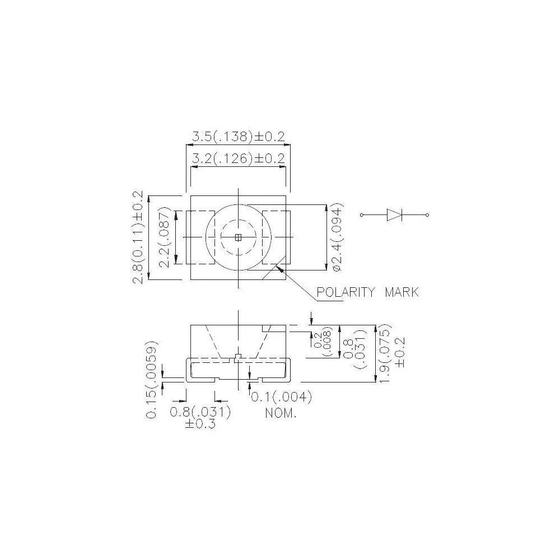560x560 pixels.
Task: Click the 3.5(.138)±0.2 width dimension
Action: click(239, 136)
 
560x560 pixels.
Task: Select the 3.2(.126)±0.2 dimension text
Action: click(239, 158)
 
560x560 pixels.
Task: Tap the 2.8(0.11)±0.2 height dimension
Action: click(138, 237)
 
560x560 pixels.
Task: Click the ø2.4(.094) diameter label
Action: click(337, 237)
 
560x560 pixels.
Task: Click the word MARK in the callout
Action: click(401, 292)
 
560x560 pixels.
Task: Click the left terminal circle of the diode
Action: click(362, 215)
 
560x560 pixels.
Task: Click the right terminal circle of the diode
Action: click(428, 215)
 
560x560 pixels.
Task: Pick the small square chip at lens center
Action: click(238, 237)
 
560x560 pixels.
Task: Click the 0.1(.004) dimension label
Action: click(281, 398)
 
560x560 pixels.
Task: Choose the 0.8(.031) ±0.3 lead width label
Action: click(200, 418)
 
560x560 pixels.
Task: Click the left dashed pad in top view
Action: click(200, 237)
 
